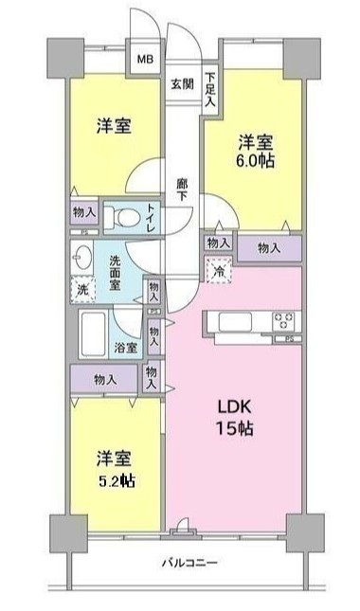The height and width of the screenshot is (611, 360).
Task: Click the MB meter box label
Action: (147, 59)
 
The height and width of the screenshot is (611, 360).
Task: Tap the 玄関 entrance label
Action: (183, 82)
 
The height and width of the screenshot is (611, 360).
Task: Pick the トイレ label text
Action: (152, 217)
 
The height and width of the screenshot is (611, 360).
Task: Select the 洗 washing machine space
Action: (82, 288)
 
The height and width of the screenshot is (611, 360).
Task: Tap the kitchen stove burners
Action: (283, 320)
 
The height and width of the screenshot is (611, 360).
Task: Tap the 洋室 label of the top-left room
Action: (112, 126)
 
